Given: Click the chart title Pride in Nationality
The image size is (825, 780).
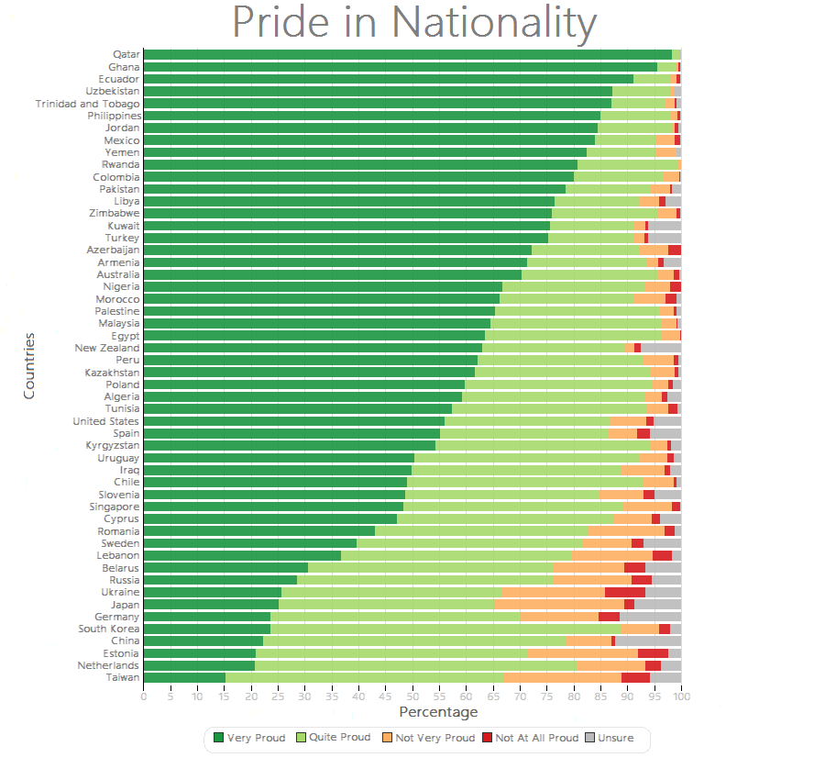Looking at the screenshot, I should click(414, 23).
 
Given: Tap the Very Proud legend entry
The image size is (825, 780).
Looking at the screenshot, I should click(249, 738).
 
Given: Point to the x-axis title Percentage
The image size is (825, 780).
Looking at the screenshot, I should click(438, 712).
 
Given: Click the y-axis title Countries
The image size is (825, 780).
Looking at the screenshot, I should click(29, 365).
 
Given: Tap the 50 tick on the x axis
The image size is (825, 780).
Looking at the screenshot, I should click(412, 697).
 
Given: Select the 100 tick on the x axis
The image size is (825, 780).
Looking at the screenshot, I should click(680, 697).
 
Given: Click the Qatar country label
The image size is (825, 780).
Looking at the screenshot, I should click(126, 55).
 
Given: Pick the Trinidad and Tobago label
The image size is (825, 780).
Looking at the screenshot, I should click(88, 104).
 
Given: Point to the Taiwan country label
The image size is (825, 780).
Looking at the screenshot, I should click(123, 677).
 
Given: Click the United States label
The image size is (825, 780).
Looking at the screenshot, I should click(106, 421).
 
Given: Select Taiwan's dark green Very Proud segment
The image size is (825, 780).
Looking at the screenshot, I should click(184, 677).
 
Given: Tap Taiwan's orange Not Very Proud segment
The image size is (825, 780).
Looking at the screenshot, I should click(563, 677).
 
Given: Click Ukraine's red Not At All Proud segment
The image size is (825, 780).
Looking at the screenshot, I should click(625, 592).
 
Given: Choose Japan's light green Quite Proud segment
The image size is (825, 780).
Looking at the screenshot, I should click(387, 604).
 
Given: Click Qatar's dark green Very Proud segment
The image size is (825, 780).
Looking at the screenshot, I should click(408, 55).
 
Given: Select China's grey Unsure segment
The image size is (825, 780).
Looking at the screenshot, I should click(648, 641).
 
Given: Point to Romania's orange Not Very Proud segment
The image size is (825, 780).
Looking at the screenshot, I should click(626, 531).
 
